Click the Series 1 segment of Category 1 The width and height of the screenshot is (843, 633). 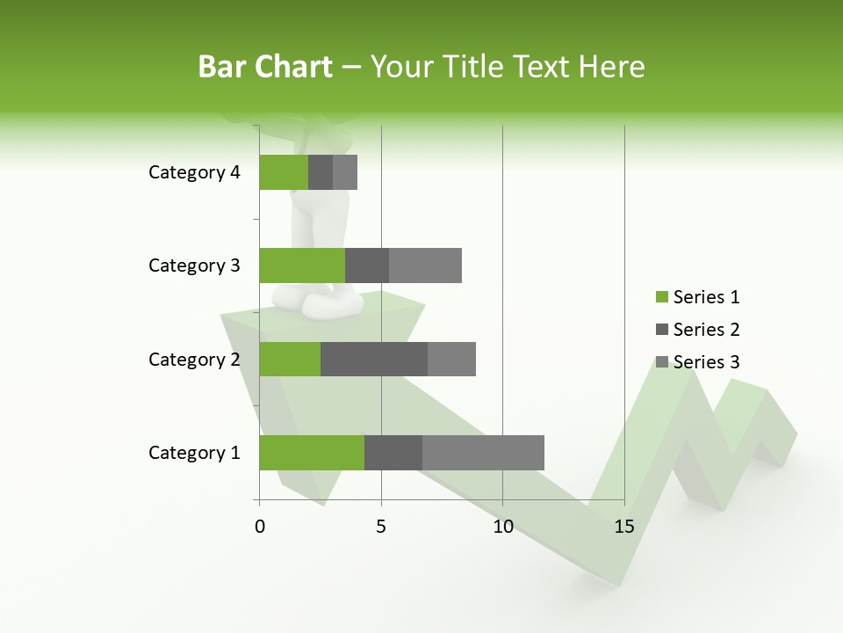pos(312,453)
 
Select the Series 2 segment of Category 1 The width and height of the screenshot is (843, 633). pos(393,453)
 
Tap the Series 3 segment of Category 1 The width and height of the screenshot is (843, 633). pos(483,453)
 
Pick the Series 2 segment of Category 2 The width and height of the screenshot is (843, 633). pos(374,359)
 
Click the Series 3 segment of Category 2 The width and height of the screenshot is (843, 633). pos(451,359)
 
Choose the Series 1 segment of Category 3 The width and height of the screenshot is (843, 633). pos(302,266)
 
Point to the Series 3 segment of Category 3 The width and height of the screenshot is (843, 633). pos(425,266)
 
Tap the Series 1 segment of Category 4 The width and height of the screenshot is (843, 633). pos(284,172)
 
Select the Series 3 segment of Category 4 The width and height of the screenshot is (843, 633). pos(345,172)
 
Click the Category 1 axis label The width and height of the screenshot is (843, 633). pos(194,453)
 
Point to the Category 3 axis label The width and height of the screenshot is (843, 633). pos(194,266)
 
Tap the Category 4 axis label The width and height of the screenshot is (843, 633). pos(194,172)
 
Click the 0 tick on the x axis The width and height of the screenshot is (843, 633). pos(260,527)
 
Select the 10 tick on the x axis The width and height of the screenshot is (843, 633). pos(502,527)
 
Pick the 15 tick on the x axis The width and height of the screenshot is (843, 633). pos(624,527)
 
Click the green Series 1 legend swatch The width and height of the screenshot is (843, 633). pos(661,297)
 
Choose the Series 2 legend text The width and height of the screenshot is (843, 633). pos(706,330)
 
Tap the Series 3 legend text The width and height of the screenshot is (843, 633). pos(706,362)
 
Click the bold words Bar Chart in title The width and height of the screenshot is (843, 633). pos(265,67)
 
